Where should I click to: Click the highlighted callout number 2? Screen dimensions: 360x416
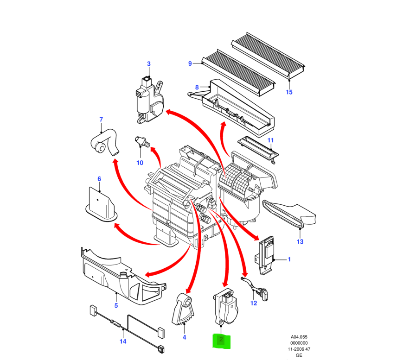[x=221, y=341]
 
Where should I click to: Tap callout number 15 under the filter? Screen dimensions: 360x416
[x=289, y=92]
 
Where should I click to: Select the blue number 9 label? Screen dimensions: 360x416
[x=190, y=64]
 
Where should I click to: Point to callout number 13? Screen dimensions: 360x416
[x=300, y=242]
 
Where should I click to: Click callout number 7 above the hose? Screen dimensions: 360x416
[x=101, y=120]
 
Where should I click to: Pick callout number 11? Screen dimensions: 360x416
[x=270, y=140]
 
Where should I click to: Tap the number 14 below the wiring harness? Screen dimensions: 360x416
[x=123, y=341]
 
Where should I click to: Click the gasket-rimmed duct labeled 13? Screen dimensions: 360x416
[x=290, y=215]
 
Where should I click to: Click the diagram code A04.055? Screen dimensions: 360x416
[x=299, y=337]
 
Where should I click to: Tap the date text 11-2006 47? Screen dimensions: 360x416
[x=299, y=349]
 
